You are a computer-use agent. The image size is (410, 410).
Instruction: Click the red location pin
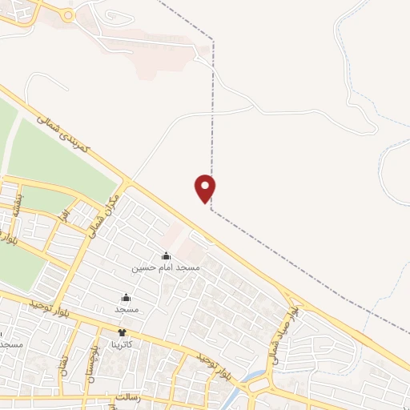[206, 187]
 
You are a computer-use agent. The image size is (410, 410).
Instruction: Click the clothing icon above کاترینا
[122, 332]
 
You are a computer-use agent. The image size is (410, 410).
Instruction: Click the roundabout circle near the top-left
[68, 15]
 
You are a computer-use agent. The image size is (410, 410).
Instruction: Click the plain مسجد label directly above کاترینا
[127, 308]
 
